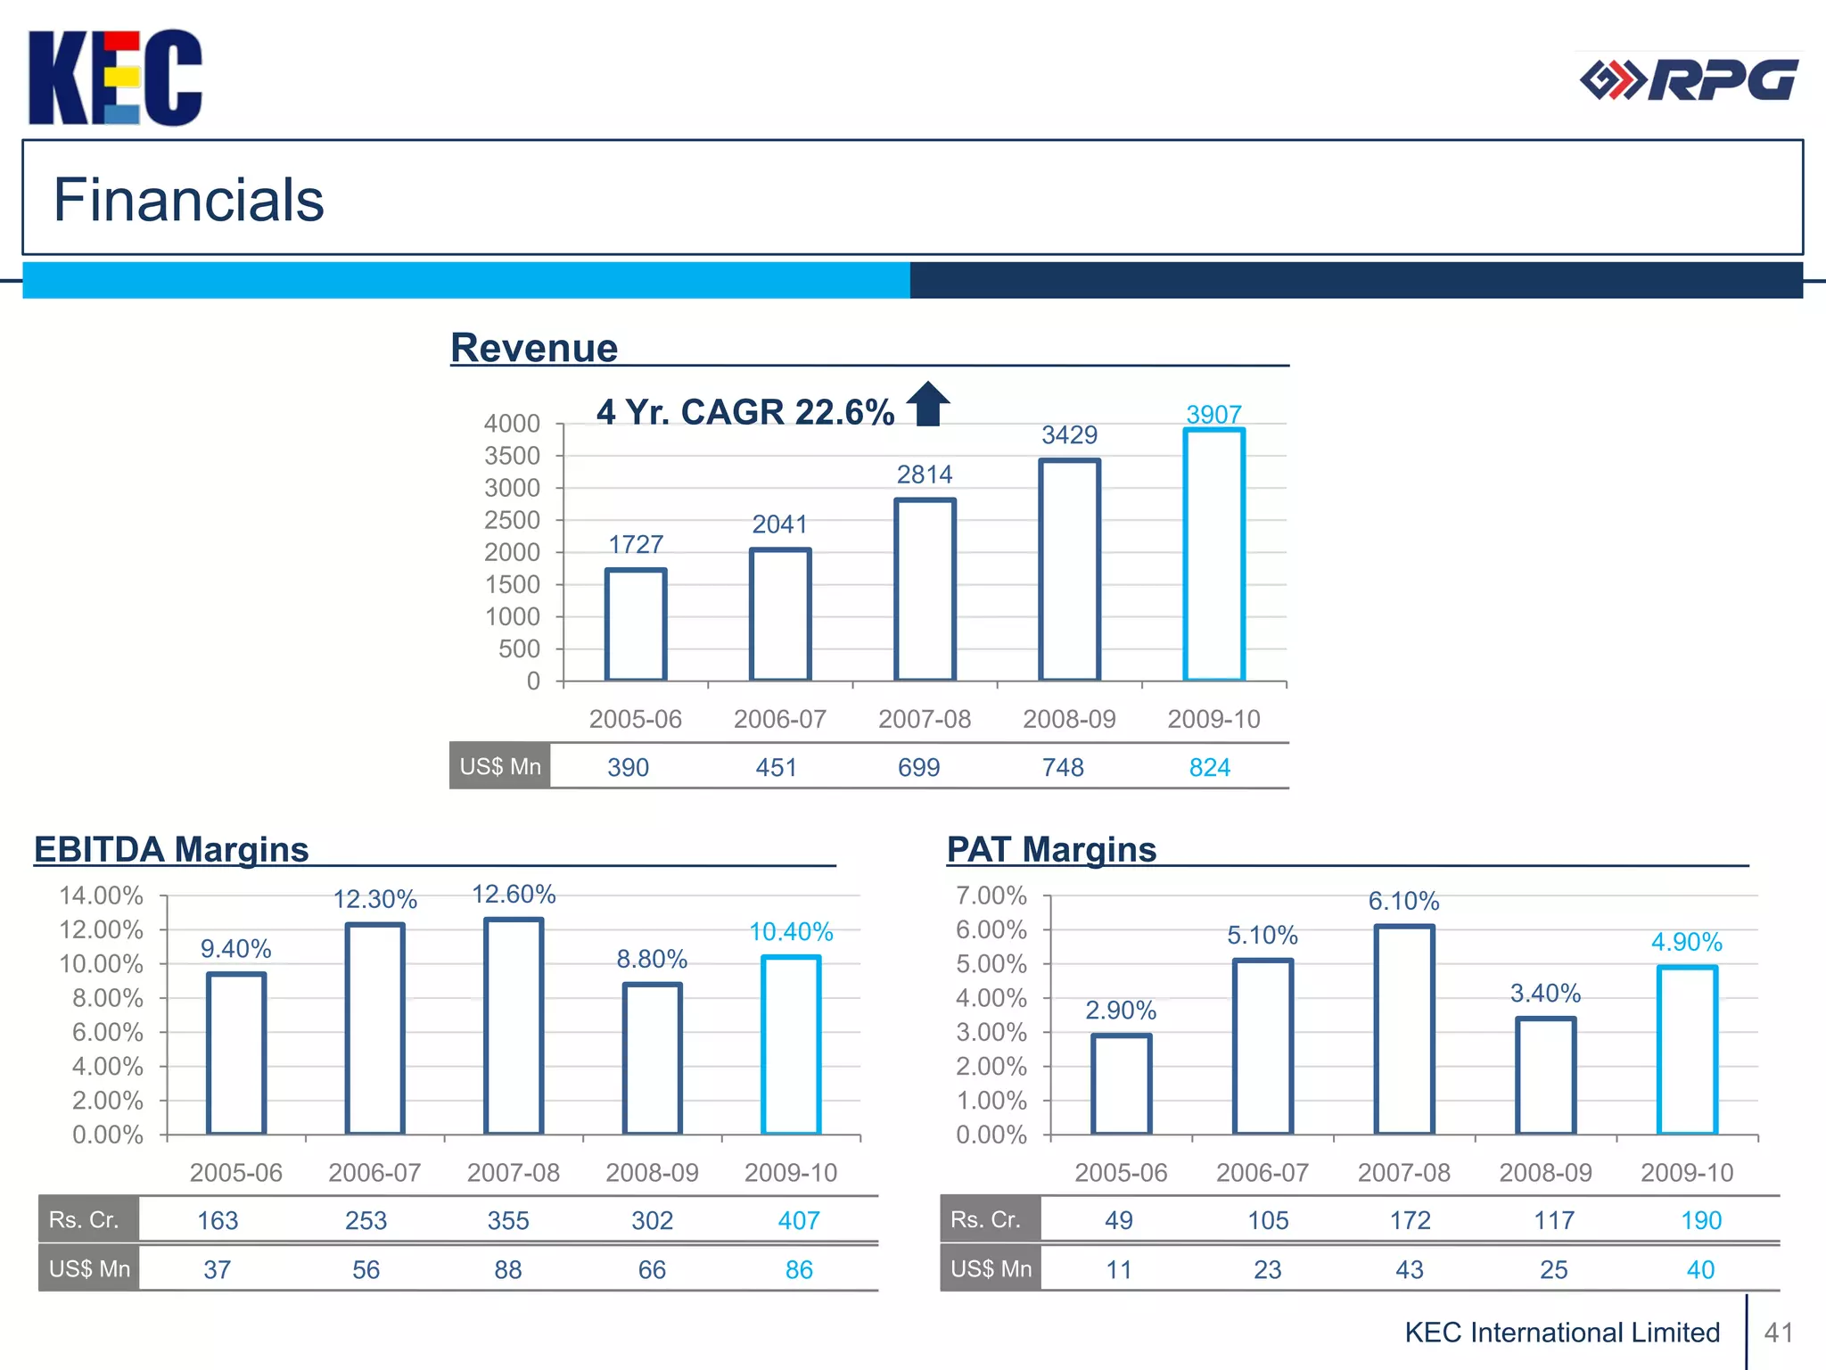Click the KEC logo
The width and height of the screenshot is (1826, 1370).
click(x=115, y=78)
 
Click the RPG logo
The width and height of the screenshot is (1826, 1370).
click(x=1689, y=81)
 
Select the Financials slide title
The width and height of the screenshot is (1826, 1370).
click(x=189, y=199)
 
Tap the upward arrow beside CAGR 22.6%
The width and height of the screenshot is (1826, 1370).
click(x=928, y=404)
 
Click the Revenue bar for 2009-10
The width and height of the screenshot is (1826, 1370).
click(x=1213, y=555)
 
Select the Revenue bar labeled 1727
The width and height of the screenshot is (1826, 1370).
click(x=636, y=624)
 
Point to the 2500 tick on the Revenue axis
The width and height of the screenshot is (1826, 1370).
click(x=513, y=520)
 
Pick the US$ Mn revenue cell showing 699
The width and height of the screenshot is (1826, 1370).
click(x=918, y=767)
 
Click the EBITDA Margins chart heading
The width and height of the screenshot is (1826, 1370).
click(x=171, y=849)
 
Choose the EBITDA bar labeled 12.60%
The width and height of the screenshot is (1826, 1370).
click(x=514, y=1026)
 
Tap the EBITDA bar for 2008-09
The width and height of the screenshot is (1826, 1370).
click(x=652, y=1059)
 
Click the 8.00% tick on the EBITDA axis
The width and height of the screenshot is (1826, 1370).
click(x=107, y=998)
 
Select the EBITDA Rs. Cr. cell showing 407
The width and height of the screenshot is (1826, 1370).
click(x=798, y=1220)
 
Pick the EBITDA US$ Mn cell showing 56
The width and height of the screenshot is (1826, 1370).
click(x=366, y=1269)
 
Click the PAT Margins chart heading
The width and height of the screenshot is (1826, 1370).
click(x=1051, y=849)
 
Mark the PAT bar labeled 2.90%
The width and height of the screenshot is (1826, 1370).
click(x=1121, y=1084)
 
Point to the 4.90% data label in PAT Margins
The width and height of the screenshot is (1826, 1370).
click(x=1686, y=942)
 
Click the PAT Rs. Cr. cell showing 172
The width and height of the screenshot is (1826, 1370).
click(x=1410, y=1220)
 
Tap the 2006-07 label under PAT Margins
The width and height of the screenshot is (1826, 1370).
click(x=1263, y=1172)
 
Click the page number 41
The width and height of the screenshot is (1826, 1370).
click(x=1778, y=1333)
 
